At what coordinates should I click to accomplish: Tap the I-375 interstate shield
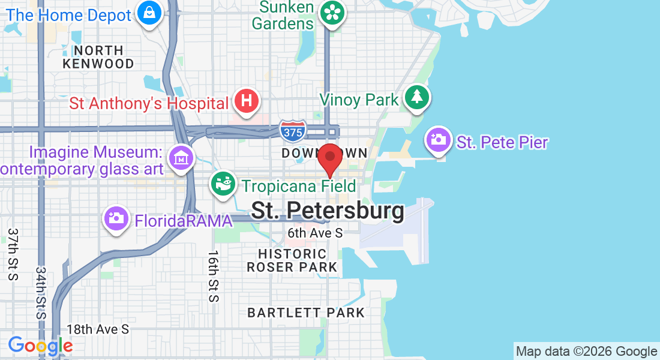[x=293, y=131]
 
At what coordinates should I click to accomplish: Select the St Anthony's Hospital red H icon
[x=246, y=101]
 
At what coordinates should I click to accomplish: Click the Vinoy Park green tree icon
[x=415, y=97]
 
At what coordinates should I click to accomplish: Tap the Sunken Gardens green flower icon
[x=331, y=12]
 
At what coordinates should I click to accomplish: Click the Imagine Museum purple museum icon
[x=181, y=158]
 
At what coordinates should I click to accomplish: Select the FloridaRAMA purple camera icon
[x=116, y=218]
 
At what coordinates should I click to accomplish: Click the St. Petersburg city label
[x=328, y=211]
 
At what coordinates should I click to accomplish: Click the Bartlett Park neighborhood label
[x=306, y=313]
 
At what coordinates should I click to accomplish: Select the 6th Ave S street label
[x=315, y=232]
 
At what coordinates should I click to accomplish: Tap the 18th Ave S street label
[x=98, y=329]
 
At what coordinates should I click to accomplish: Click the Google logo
[x=40, y=346]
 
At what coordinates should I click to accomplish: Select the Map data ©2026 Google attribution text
[x=587, y=352]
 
